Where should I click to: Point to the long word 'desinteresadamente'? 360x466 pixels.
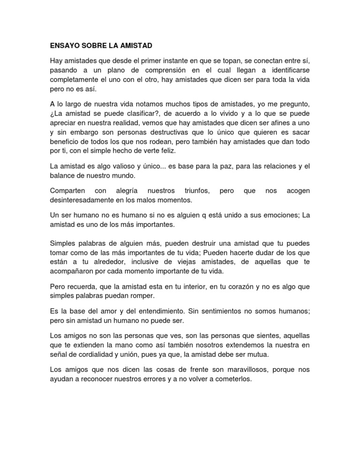85,200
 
